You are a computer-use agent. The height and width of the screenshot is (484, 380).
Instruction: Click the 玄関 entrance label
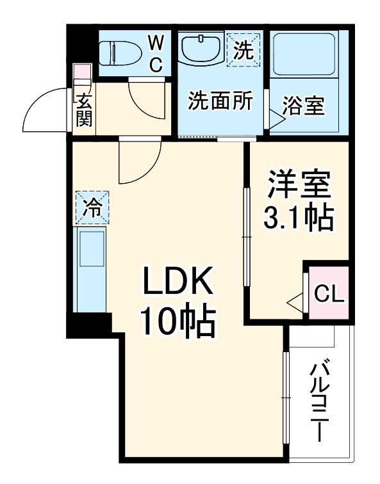(x=85, y=109)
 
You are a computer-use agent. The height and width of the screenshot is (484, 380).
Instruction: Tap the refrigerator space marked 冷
(x=92, y=207)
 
